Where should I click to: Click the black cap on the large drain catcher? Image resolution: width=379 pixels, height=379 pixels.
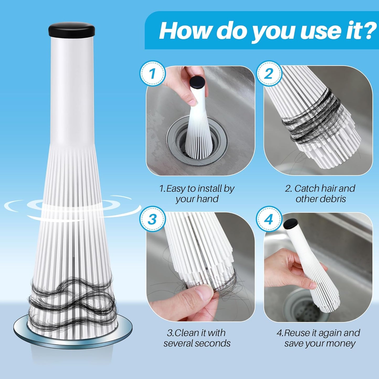pyautogui.click(x=71, y=30)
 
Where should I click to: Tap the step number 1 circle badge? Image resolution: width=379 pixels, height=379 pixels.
pyautogui.click(x=152, y=73)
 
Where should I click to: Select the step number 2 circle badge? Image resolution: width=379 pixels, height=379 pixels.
pyautogui.click(x=269, y=73)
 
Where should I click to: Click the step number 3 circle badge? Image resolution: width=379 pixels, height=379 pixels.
pyautogui.click(x=152, y=219)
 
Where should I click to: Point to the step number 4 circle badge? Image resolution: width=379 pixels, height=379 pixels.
pyautogui.click(x=269, y=219)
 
